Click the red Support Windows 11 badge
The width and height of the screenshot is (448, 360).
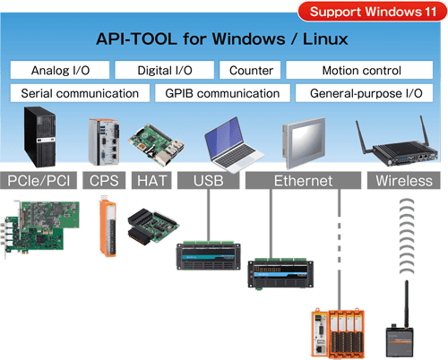pos(373,12)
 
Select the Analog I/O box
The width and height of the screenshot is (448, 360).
pos(60,70)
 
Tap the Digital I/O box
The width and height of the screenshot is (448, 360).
pos(165,70)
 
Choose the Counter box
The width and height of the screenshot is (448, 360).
pos(250,70)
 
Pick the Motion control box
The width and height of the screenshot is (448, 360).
pos(359,70)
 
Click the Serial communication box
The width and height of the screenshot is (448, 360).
pos(80,93)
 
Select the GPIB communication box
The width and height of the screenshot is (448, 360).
pos(222,93)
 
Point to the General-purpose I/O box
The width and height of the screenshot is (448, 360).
pos(365,93)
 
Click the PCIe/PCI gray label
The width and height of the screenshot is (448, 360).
pos(39,181)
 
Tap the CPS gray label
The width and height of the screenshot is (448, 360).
pos(104,181)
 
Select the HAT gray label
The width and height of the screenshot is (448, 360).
pos(151,181)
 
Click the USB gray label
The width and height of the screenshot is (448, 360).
pos(209,181)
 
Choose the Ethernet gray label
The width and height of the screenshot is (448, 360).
pos(303,181)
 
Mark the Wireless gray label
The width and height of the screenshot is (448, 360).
pos(404,181)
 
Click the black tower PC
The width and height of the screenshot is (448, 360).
pos(40,137)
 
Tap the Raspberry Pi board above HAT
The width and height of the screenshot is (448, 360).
pos(156,146)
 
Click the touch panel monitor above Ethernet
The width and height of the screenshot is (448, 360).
pos(304,142)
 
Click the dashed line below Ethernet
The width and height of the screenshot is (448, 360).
pos(340,249)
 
